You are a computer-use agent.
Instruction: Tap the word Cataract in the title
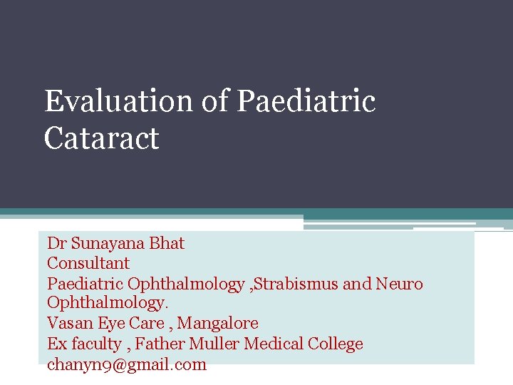101,138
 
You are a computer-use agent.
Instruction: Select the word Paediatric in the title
306,101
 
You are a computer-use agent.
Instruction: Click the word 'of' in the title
214,101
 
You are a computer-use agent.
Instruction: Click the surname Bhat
167,243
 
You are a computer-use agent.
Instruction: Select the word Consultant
88,264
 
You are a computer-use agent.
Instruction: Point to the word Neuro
400,284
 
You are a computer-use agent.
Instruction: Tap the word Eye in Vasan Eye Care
111,324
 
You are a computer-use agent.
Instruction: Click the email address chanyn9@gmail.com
127,364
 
